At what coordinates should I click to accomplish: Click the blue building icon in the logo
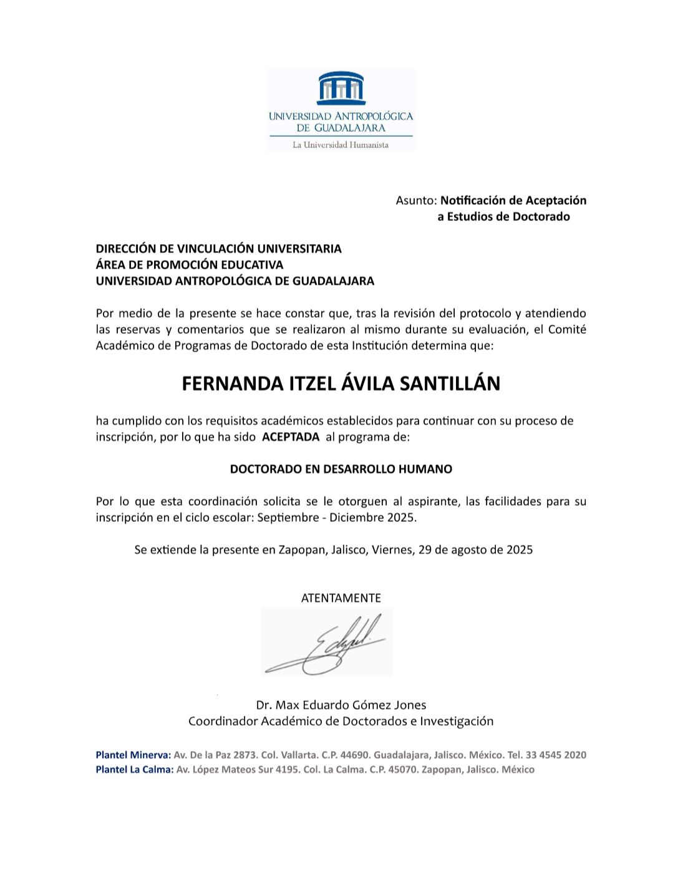(341, 88)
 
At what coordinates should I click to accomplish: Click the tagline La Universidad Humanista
(341, 145)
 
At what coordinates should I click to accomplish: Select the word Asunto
(415, 200)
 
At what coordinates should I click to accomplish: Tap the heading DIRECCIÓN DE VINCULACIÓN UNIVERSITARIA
(218, 248)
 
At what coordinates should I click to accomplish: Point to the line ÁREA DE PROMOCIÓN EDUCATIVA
(189, 265)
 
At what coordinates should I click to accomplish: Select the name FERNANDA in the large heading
(225, 383)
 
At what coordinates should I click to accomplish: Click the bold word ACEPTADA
(291, 437)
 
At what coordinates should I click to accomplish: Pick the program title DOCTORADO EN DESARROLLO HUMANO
(341, 469)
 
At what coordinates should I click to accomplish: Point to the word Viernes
(392, 550)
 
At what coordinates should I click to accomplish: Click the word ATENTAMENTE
(341, 598)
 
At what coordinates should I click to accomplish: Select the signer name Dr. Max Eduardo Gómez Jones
(341, 705)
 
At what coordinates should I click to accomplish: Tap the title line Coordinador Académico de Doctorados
(341, 721)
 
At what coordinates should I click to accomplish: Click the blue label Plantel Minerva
(133, 755)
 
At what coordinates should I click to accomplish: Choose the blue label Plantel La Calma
(134, 770)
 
